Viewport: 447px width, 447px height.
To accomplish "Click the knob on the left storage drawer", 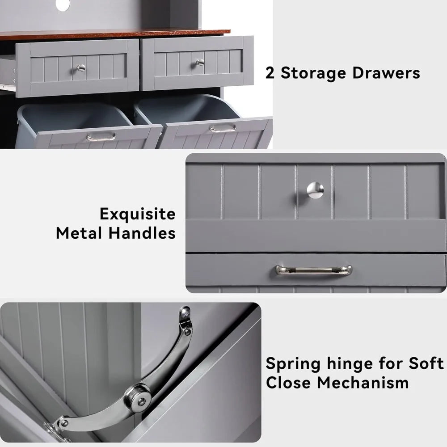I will (x=80, y=68).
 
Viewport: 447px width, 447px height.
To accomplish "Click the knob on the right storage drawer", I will (x=200, y=63).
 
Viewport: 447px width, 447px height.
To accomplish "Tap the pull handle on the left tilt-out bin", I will (x=101, y=137).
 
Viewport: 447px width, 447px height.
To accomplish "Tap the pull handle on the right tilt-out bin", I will (x=223, y=128).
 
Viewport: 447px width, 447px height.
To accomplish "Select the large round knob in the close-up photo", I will (x=315, y=190).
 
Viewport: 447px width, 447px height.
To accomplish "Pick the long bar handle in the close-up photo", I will (x=314, y=270).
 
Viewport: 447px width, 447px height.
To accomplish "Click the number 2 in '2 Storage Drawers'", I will (x=270, y=73).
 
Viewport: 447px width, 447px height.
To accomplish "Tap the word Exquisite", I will (x=137, y=215).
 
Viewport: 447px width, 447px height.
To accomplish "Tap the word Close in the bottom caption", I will (x=293, y=383).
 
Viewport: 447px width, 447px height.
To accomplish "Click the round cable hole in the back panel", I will (x=63, y=4).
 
